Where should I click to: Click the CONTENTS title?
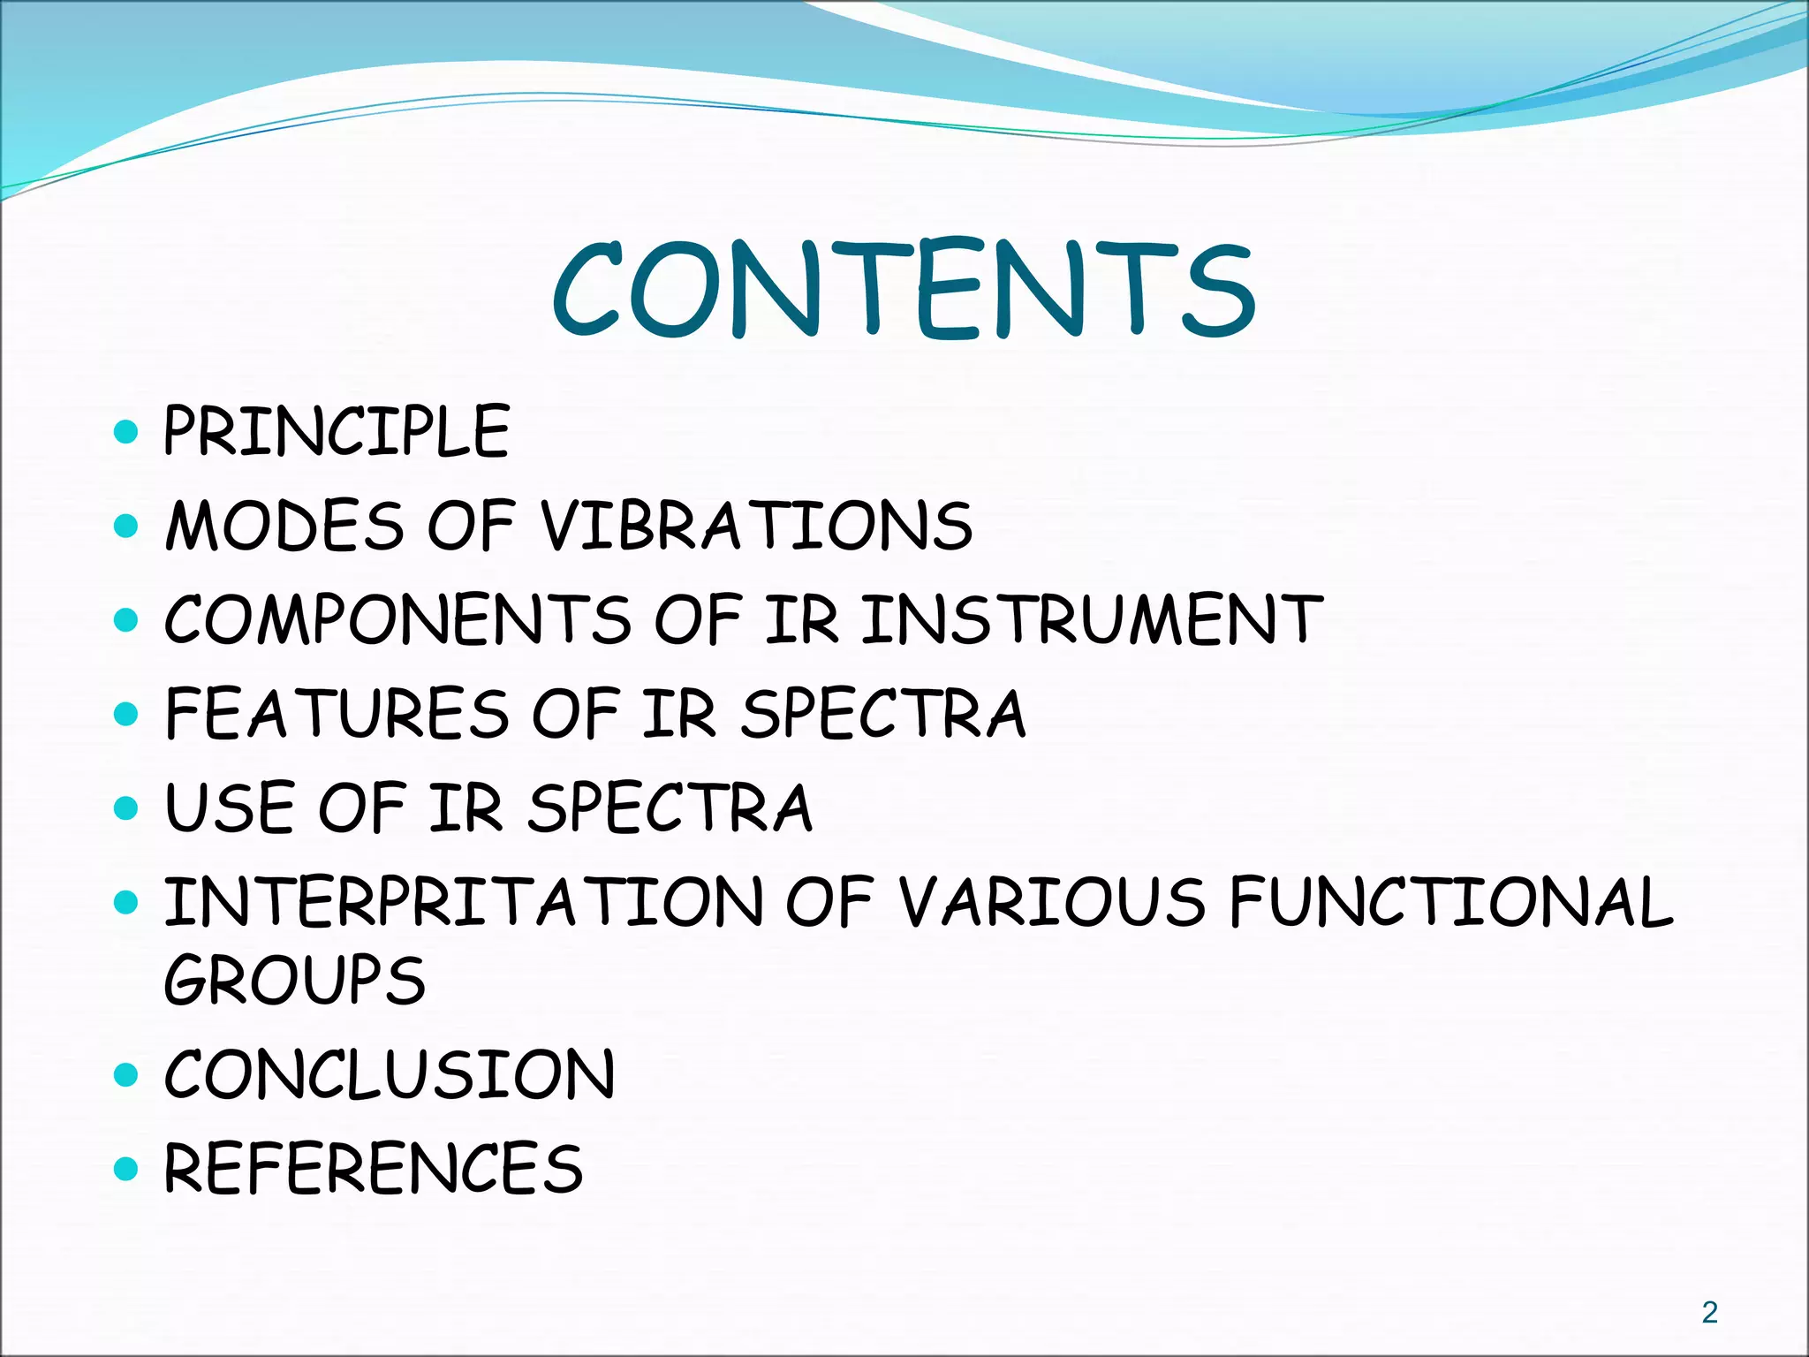[903, 290]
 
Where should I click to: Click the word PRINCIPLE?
[337, 431]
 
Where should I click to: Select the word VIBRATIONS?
[756, 526]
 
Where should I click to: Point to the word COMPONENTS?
[397, 620]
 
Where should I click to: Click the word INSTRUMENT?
[1092, 620]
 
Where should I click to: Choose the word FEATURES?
[337, 714]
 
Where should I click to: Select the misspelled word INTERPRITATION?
[464, 902]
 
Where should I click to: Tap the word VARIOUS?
[1051, 902]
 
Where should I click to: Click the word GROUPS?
[295, 980]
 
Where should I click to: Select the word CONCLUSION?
[390, 1074]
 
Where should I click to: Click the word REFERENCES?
[374, 1168]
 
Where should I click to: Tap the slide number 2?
[1710, 1313]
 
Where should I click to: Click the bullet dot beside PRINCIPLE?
[127, 432]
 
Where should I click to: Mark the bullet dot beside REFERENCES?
[127, 1169]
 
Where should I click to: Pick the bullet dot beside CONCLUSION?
[127, 1075]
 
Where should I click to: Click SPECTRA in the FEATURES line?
[883, 714]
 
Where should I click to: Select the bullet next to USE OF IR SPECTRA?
[127, 808]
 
